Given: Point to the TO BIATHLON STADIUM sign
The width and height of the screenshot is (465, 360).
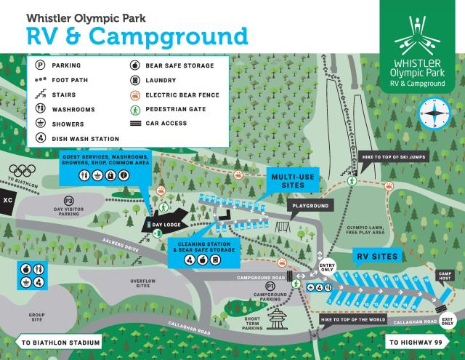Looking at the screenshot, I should pos(58,343).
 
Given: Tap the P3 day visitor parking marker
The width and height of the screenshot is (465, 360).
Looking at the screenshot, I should pos(69,201).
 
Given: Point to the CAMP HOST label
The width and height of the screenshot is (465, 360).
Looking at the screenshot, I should pos(445,277).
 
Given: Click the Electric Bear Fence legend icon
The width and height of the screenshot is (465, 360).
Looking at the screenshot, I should pos(134,95).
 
